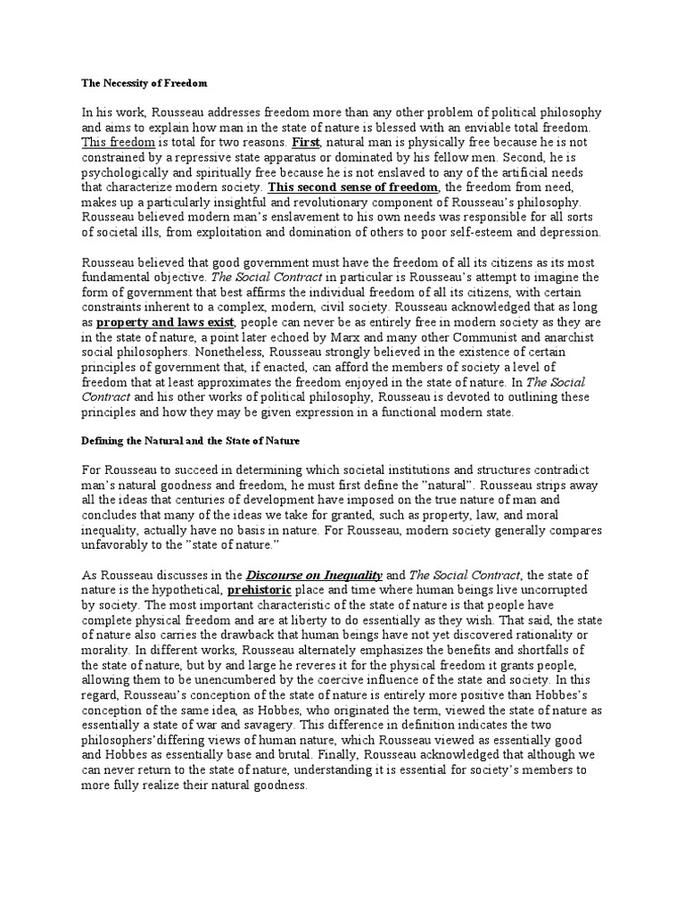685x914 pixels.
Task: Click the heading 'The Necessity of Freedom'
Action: pos(144,83)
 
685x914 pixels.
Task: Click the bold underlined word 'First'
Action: pos(301,142)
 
